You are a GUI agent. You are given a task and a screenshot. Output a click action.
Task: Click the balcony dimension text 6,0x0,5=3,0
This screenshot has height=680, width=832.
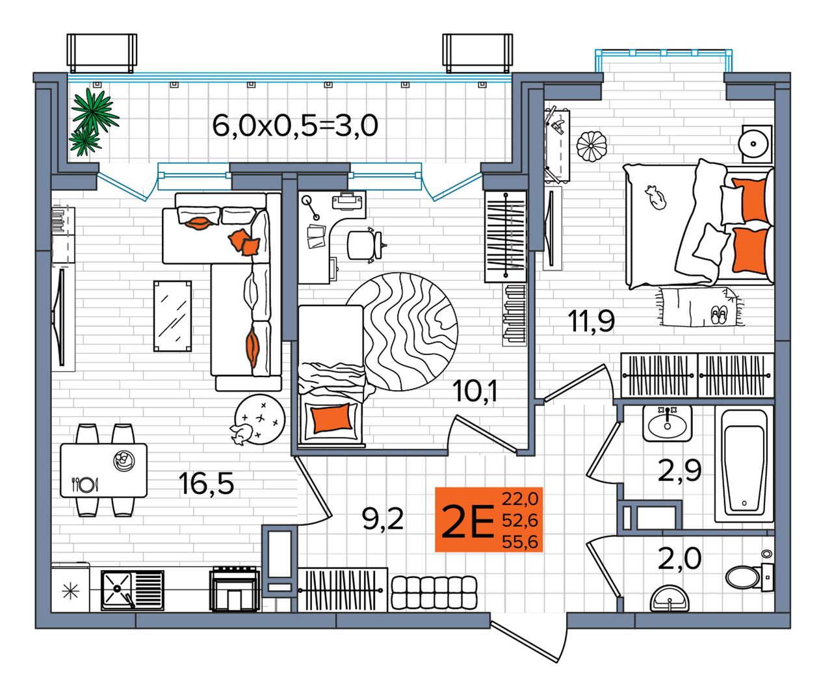coord(295,125)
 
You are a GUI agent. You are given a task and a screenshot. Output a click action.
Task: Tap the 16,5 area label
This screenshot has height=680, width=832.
coord(206,484)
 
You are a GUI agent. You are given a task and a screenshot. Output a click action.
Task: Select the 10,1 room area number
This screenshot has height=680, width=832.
coord(475,391)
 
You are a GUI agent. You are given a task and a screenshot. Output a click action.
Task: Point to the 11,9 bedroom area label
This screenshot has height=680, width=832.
coord(591,320)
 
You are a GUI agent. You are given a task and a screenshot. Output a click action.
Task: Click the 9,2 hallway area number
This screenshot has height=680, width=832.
coord(383,519)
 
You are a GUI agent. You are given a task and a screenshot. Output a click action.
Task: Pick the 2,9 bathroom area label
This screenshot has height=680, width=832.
coord(679,470)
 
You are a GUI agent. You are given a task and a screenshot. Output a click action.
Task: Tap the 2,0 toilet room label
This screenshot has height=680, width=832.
coord(679,558)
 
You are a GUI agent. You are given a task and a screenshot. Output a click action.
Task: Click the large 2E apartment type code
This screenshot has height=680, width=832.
coord(467,521)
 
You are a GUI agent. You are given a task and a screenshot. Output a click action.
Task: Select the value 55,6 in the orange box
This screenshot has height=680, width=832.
coord(520,542)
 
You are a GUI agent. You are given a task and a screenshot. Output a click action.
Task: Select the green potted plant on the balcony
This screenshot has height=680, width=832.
coord(93,122)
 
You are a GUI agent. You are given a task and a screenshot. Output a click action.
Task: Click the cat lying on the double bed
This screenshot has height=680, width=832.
coord(655,197)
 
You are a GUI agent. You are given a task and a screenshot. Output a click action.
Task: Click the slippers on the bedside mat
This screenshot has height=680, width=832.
coord(718,315)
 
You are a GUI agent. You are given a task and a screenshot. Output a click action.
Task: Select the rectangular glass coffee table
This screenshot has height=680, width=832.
coord(172,316)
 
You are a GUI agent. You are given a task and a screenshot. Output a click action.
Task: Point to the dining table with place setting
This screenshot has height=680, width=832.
coord(103,470)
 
